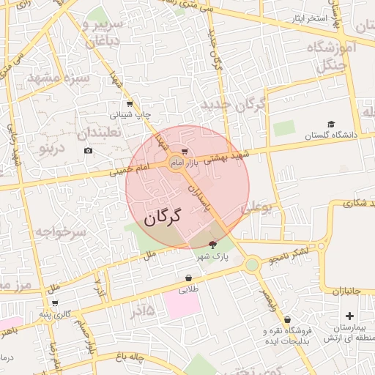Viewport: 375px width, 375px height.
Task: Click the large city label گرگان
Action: point(163,218)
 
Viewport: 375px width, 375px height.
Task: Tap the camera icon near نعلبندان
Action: point(89,151)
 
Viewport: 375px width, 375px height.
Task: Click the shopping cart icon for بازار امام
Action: point(184,152)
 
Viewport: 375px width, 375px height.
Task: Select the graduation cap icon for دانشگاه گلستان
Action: point(331,125)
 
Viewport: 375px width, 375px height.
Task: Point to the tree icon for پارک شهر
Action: point(213,245)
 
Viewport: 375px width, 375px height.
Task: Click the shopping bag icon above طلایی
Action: point(189,278)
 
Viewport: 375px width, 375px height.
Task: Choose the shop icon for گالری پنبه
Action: point(55,302)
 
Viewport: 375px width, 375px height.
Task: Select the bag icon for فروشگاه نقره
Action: point(287,319)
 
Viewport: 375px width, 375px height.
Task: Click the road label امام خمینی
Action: point(130,171)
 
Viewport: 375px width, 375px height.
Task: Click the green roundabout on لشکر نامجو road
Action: point(253,264)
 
